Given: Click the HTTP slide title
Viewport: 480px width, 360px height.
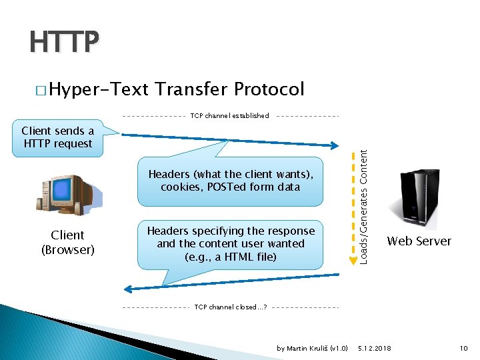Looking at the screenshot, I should pyautogui.click(x=64, y=43).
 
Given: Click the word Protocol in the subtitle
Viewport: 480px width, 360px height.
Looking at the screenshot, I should pyautogui.click(x=269, y=89).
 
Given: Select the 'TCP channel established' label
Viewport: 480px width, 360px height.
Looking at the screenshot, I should pyautogui.click(x=230, y=116).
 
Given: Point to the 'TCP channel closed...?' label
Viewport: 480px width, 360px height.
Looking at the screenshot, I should pyautogui.click(x=231, y=307).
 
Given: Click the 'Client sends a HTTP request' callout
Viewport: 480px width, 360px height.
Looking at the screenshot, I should pyautogui.click(x=57, y=137).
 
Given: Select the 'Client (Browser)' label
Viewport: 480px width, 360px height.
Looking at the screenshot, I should pyautogui.click(x=67, y=243).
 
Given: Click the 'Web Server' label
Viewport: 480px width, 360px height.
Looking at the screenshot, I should pyautogui.click(x=419, y=241).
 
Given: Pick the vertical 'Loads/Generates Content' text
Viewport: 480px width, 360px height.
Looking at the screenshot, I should pyautogui.click(x=364, y=205).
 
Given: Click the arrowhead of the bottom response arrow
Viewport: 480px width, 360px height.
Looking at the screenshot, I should pyautogui.click(x=131, y=289).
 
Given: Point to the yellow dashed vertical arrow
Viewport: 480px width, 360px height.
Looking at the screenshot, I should pyautogui.click(x=351, y=207).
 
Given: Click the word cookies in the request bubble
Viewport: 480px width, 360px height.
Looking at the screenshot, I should pyautogui.click(x=181, y=187).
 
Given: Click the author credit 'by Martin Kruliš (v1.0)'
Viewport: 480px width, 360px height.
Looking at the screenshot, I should pyautogui.click(x=312, y=349).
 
